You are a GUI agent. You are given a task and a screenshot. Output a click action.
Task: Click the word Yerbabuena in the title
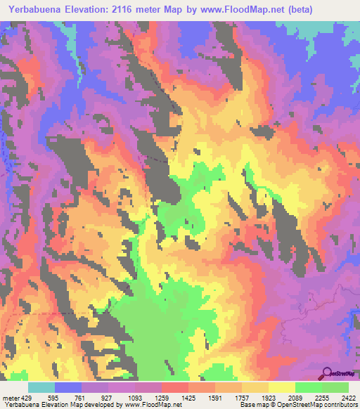tap(31, 8)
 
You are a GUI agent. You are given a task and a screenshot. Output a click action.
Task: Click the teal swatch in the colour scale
tap(41, 387)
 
